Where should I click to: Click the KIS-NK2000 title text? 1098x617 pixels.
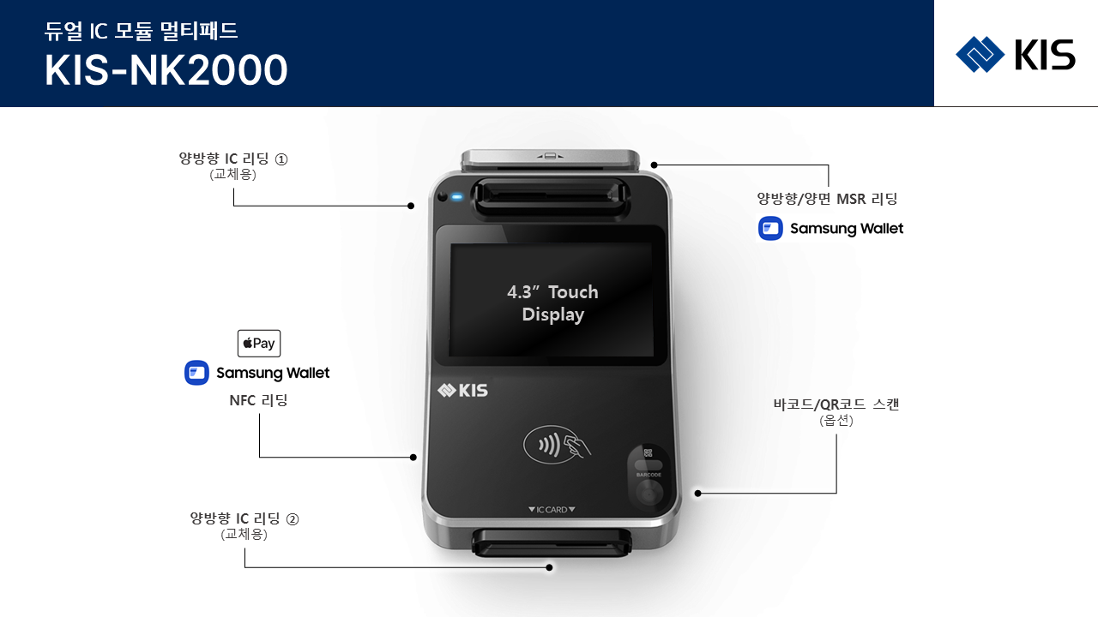[166, 70]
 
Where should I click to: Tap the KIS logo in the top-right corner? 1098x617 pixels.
[1015, 54]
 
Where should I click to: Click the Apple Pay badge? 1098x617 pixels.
[259, 344]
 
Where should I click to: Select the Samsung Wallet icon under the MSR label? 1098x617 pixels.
[770, 228]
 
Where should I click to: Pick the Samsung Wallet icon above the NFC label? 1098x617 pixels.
[196, 373]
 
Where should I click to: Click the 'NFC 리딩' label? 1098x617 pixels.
[258, 400]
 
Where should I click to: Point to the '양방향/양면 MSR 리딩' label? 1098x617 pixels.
[827, 199]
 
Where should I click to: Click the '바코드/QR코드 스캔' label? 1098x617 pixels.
[836, 404]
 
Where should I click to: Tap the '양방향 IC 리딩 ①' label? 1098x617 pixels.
[232, 159]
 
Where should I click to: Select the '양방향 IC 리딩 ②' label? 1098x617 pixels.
[244, 518]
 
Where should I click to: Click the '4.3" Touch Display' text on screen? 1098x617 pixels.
[553, 303]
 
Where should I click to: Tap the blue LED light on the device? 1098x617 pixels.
[457, 197]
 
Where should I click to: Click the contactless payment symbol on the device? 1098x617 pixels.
[557, 445]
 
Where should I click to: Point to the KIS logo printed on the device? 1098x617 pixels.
[462, 390]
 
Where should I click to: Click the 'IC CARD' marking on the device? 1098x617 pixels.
[552, 510]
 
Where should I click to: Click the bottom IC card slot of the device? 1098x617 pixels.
[552, 542]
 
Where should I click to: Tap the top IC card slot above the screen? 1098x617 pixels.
[551, 197]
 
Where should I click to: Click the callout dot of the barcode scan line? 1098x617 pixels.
[697, 493]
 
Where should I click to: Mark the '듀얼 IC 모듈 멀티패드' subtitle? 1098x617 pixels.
[142, 31]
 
